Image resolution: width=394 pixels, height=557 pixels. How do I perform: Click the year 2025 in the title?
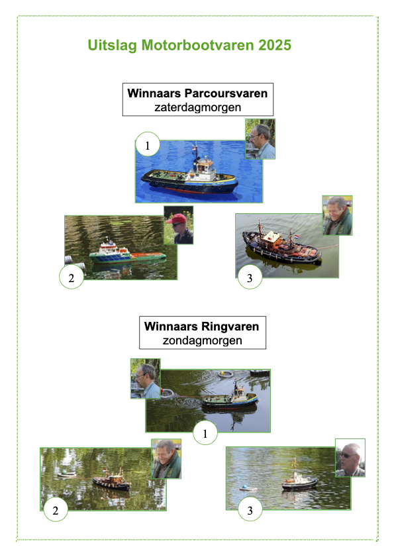pos(275,46)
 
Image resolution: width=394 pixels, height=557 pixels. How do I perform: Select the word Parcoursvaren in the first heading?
pos(226,93)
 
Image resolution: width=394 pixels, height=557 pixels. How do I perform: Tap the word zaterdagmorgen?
pos(197,107)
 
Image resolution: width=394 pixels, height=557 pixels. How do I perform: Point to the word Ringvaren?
pos(230,327)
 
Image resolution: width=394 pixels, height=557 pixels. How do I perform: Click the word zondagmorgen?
pos(202,340)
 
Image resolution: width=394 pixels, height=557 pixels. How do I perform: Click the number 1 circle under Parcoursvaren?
pos(148,144)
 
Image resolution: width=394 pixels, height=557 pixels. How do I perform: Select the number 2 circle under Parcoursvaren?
pos(72,277)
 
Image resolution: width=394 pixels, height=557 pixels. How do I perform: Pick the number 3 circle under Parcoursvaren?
pos(250,277)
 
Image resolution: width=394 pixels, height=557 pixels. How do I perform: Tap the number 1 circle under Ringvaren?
pos(205,432)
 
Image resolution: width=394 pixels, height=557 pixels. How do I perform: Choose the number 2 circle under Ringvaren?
pos(56,510)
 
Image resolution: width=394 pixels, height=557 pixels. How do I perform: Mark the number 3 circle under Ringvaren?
pos(250,509)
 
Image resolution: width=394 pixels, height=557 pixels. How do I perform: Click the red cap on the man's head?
pos(178,219)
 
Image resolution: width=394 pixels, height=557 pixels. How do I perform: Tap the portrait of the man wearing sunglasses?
pos(350,458)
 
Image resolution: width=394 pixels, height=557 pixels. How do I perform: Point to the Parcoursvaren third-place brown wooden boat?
pos(282,246)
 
